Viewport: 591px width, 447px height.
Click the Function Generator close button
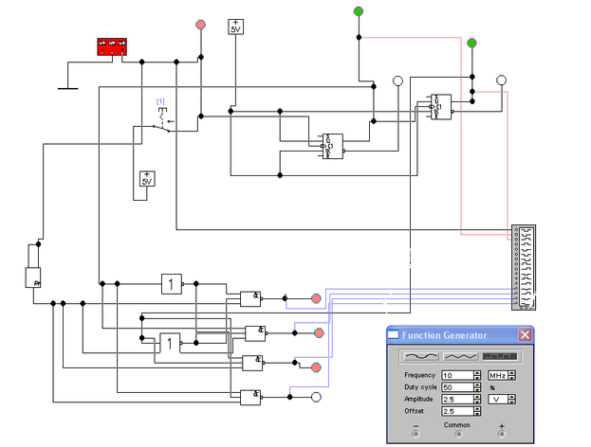coord(525,334)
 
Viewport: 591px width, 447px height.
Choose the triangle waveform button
coord(461,356)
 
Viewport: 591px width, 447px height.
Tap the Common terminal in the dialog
coord(458,434)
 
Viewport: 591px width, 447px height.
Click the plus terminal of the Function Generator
coord(501,434)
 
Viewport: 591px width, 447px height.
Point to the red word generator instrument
coord(112,45)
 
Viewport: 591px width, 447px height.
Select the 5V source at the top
coord(235,26)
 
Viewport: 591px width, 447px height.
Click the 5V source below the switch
coord(147,179)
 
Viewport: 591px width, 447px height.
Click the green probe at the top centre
coord(358,11)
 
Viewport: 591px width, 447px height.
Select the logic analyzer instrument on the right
coord(524,267)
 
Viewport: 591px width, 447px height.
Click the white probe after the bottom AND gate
coord(317,399)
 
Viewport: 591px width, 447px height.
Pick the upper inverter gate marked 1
coord(171,283)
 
